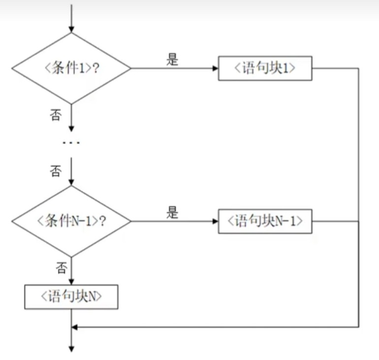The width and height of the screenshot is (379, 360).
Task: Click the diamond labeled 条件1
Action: [71, 68]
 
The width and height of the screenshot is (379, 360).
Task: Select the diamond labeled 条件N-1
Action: [71, 221]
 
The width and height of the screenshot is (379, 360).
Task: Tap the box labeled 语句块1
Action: [265, 68]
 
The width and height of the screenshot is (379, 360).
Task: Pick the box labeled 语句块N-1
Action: [265, 221]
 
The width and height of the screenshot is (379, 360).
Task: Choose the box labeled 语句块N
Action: [71, 297]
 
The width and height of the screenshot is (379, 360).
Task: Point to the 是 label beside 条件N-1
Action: [172, 213]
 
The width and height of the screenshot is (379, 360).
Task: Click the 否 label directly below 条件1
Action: [55, 115]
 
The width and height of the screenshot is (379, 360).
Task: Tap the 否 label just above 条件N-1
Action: [55, 171]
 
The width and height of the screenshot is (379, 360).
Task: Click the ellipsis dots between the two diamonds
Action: [71, 143]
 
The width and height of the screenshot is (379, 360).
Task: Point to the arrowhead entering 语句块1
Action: [215, 68]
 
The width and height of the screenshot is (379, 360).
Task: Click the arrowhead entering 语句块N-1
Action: [215, 221]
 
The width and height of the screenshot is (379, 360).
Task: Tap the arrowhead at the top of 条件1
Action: [71, 29]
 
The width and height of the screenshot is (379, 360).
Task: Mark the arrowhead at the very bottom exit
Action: [71, 349]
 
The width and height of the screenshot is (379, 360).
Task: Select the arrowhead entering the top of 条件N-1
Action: [71, 181]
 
